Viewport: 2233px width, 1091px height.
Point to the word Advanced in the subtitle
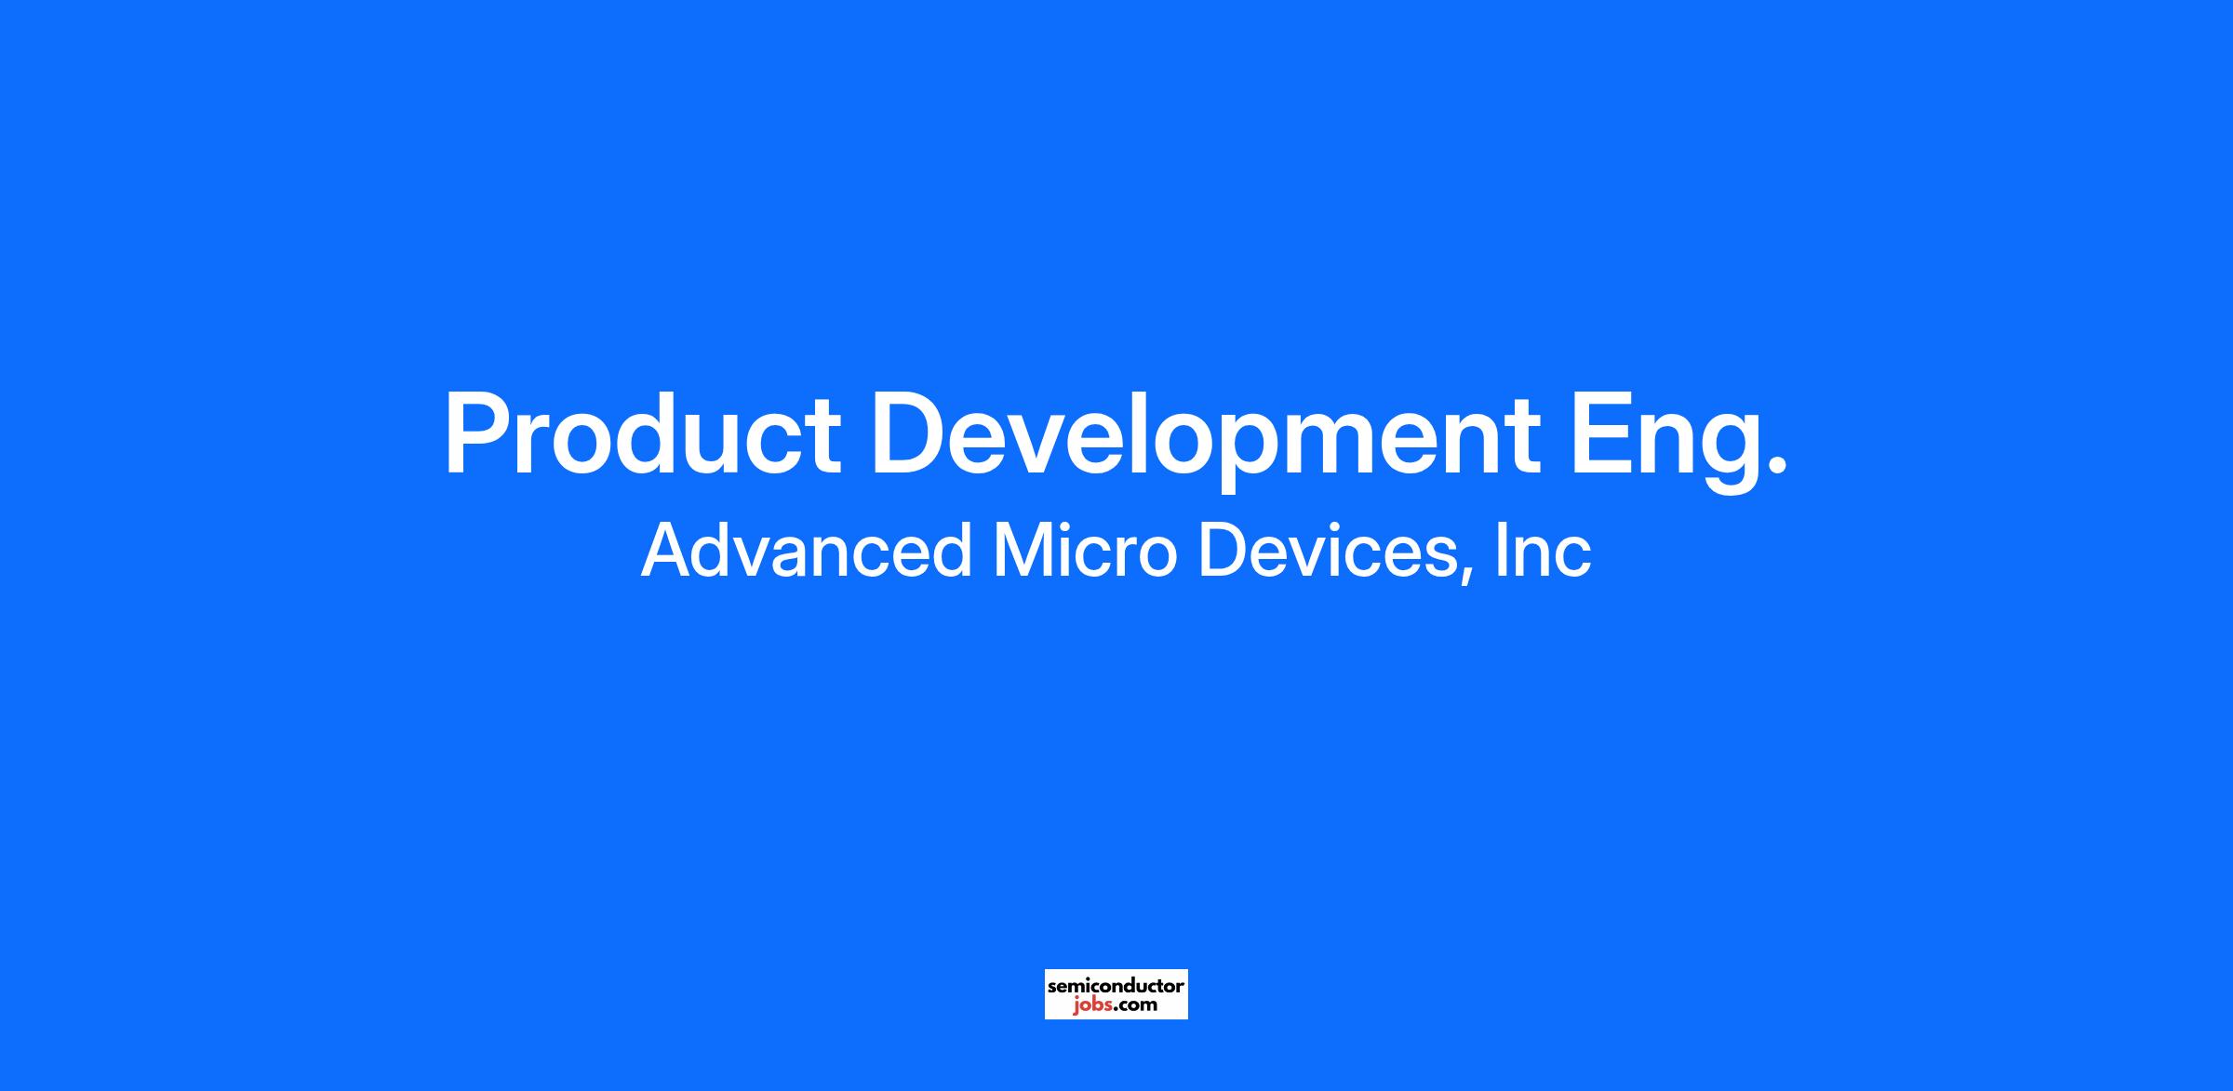806,550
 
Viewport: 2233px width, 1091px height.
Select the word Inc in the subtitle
1544,550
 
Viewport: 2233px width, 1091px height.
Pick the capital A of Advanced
667,550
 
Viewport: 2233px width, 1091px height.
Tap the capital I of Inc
1501,550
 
